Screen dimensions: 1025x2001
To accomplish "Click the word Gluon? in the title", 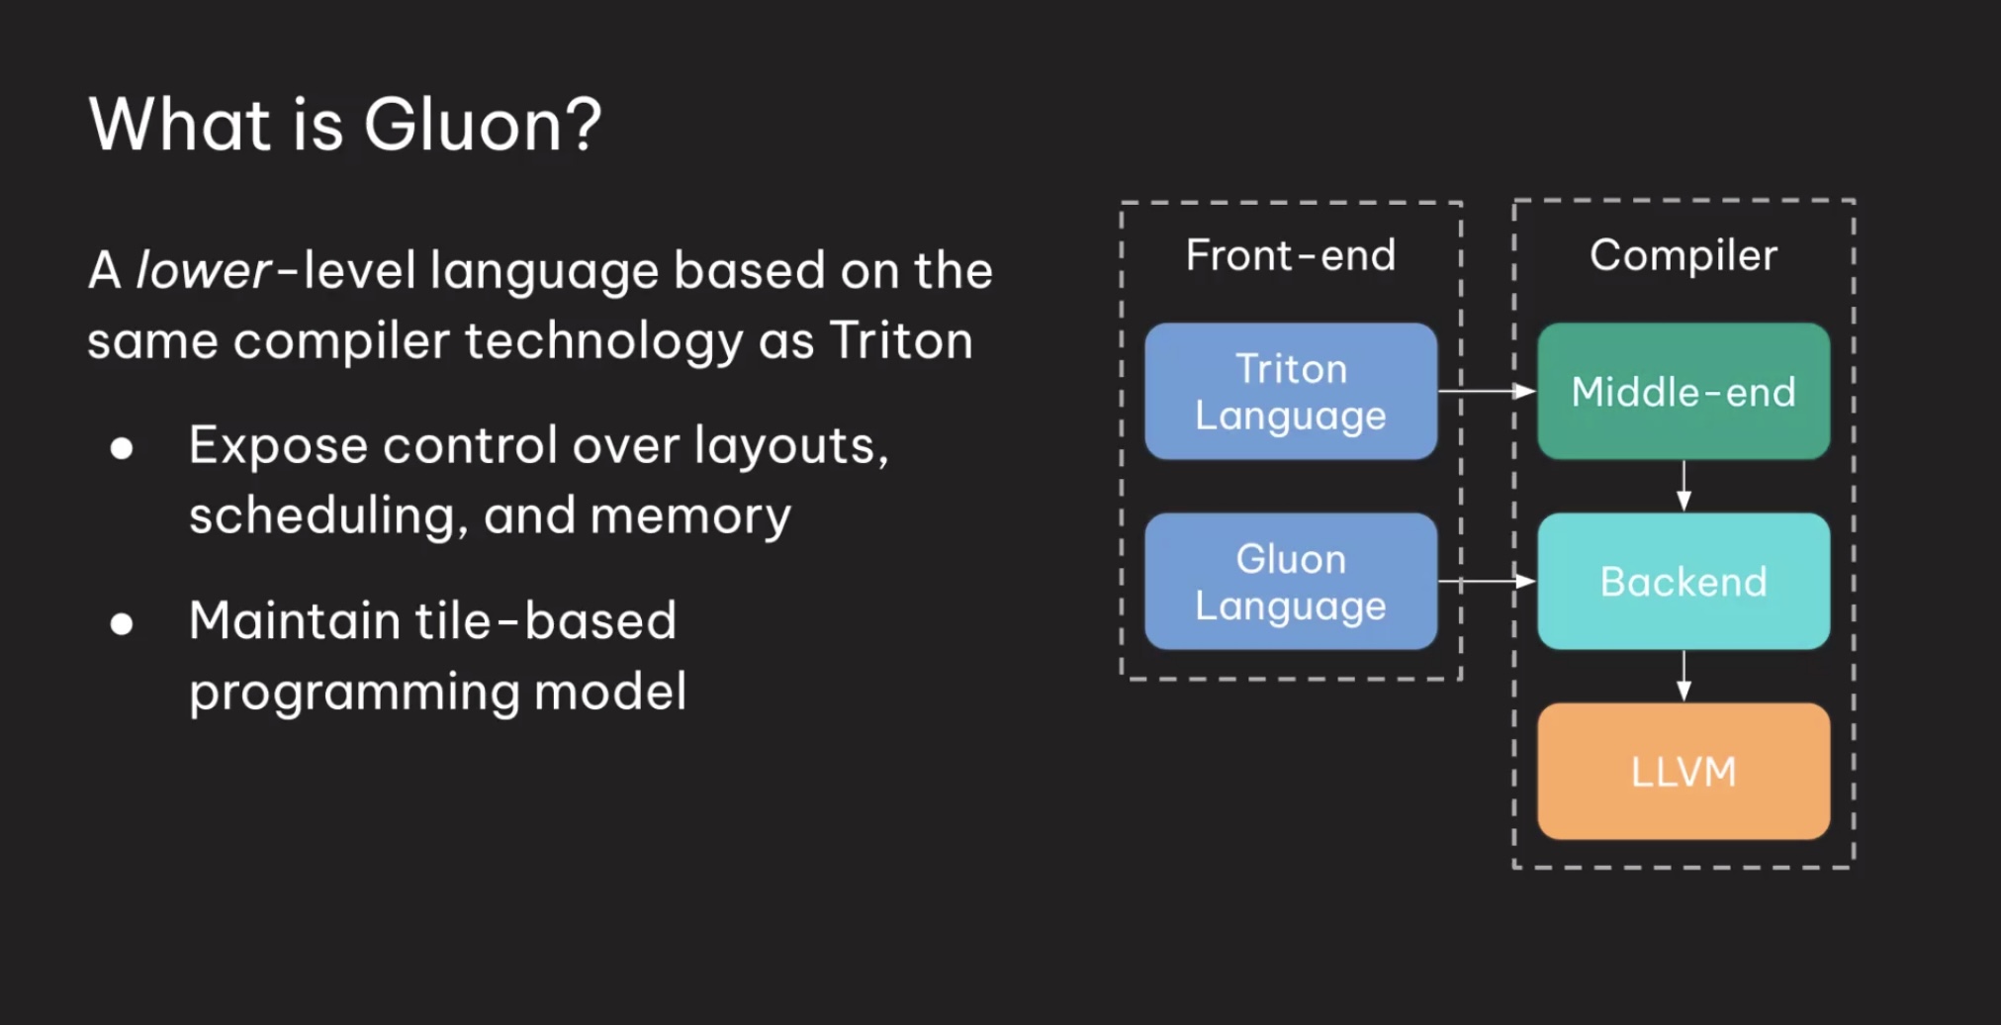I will point(482,126).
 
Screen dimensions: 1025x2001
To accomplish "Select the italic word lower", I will point(203,270).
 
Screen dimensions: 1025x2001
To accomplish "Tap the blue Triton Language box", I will point(1290,392).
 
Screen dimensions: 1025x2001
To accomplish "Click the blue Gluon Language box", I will point(1290,582).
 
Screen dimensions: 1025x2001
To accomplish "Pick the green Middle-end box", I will point(1683,392).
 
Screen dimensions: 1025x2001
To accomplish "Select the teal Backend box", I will point(1683,582).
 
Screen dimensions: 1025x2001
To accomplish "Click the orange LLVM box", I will point(1683,772).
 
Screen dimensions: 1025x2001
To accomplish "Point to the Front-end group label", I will point(1290,255).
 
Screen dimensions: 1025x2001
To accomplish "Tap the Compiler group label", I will point(1683,255).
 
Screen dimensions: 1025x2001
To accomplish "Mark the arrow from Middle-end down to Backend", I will point(1683,486).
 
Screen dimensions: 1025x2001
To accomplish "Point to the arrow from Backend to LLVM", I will point(1683,676).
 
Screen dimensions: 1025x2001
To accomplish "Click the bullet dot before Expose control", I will point(122,449).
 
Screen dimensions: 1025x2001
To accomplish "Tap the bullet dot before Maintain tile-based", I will point(122,624).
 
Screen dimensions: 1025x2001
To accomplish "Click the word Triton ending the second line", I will point(900,341).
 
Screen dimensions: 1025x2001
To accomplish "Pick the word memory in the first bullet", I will point(690,516).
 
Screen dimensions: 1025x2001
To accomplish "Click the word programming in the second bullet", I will point(353,693).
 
